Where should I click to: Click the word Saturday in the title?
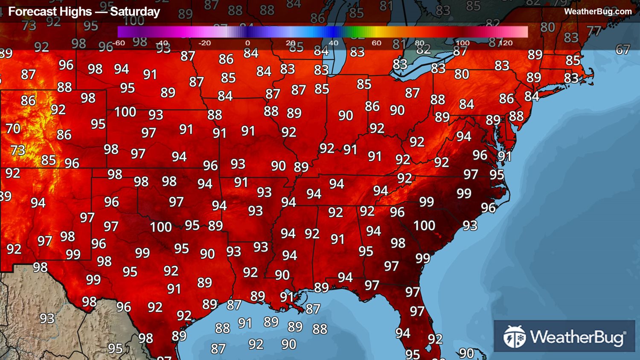(135, 12)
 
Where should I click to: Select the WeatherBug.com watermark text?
(598, 12)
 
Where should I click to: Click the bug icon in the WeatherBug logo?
(514, 337)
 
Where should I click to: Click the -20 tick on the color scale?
(204, 43)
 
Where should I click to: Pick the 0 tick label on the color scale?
(247, 43)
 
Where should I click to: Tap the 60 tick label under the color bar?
(376, 43)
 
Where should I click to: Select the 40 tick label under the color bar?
(334, 43)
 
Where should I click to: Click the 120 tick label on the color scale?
(506, 43)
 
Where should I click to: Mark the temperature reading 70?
(13, 128)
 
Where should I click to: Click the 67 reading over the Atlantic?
(623, 49)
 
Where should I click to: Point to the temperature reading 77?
(593, 31)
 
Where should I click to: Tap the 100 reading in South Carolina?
(424, 225)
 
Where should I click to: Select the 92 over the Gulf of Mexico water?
(256, 344)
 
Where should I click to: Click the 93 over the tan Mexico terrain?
(47, 318)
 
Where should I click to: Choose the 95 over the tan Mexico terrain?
(115, 348)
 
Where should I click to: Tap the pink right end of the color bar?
(522, 32)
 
